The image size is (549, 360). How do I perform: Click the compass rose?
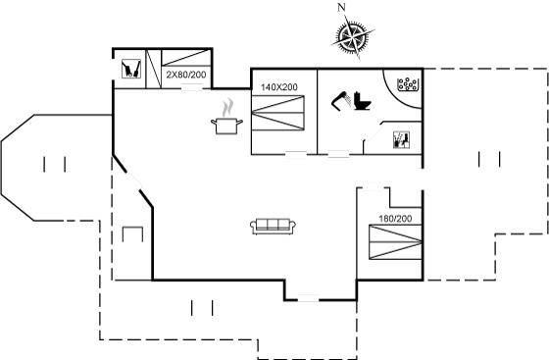[x=353, y=36]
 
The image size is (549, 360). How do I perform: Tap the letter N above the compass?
[x=341, y=7]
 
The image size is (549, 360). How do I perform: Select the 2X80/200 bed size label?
[x=186, y=75]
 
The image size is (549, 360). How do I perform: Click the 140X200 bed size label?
[x=279, y=87]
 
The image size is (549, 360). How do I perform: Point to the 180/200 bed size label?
[x=395, y=219]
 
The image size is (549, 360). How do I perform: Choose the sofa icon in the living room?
[x=274, y=227]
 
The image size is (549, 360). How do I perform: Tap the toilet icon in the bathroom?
[x=363, y=101]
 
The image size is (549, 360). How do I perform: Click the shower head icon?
[x=340, y=101]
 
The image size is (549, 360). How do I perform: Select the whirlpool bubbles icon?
[x=408, y=84]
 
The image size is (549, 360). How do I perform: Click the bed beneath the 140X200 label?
[x=278, y=113]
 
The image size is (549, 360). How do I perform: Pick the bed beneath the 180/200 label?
[x=396, y=242]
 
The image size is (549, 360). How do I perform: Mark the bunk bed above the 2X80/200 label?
[x=186, y=58]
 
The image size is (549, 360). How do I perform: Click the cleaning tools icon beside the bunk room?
[x=131, y=69]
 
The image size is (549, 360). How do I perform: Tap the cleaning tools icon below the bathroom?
[x=401, y=139]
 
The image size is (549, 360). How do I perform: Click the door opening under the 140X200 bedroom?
[x=296, y=154]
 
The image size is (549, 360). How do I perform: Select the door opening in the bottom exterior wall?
[x=308, y=300]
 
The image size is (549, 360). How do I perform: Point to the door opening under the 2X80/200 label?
[x=192, y=88]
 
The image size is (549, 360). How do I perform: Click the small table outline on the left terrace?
[x=132, y=234]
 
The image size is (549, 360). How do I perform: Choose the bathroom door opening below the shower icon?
[x=338, y=154]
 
